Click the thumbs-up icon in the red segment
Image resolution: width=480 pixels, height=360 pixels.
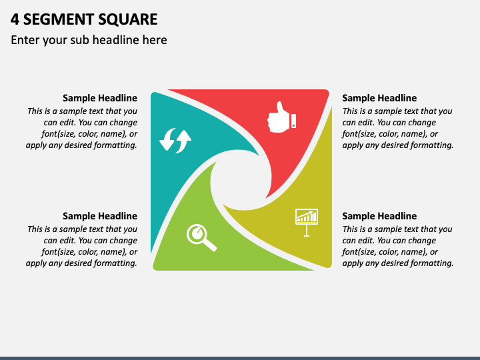point(280,118)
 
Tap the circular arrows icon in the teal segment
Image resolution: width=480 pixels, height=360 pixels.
point(175,141)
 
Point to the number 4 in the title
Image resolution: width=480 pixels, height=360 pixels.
point(15,19)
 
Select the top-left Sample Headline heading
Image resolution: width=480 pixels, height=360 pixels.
point(100,98)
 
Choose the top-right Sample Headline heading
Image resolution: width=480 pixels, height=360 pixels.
point(379,98)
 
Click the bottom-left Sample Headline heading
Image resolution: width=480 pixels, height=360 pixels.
point(100,216)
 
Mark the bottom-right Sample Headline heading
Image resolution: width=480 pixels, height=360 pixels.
point(379,216)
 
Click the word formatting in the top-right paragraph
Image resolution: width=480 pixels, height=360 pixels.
point(431,145)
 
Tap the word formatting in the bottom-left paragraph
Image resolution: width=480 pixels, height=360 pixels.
point(114,263)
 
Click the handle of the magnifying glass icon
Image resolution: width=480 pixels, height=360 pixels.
point(210,245)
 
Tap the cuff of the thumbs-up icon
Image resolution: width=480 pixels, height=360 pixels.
point(293,121)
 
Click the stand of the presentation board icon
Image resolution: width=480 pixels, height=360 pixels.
point(307,231)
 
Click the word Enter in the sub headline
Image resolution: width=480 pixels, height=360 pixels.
point(25,40)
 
